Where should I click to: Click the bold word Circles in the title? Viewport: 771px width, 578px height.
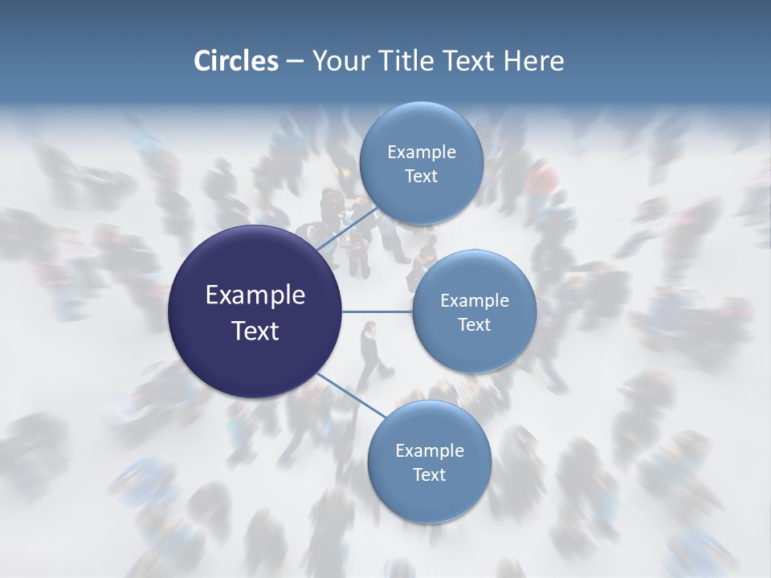(x=235, y=61)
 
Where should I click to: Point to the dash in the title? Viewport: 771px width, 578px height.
(x=295, y=62)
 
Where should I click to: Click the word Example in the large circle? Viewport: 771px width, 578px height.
(x=255, y=295)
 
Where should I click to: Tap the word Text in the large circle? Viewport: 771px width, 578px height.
(x=255, y=331)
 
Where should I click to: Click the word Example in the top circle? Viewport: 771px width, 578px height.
(x=421, y=153)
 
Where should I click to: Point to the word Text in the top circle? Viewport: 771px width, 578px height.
(x=421, y=177)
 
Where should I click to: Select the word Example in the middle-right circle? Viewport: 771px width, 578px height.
(x=474, y=301)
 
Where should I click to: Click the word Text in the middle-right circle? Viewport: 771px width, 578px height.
(x=474, y=325)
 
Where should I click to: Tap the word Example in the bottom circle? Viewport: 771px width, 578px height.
(x=429, y=451)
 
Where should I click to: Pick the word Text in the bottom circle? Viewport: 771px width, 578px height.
(x=429, y=475)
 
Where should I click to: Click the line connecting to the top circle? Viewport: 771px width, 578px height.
(x=347, y=230)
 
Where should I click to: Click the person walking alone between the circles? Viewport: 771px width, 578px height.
(x=372, y=353)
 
